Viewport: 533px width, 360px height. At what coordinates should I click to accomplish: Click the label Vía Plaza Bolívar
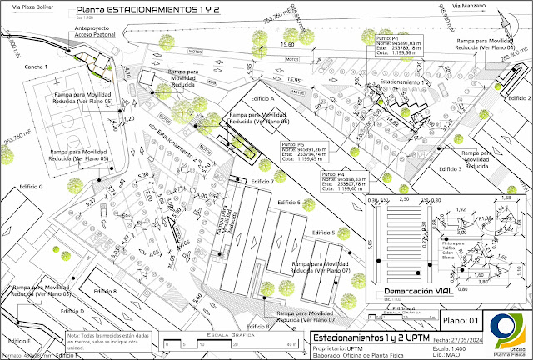coord(23,9)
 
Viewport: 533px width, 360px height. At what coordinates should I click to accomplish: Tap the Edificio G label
coord(29,187)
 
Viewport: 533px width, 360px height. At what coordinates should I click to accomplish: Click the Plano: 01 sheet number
coord(461,320)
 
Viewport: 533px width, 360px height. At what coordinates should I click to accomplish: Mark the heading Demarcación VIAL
coord(419,291)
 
